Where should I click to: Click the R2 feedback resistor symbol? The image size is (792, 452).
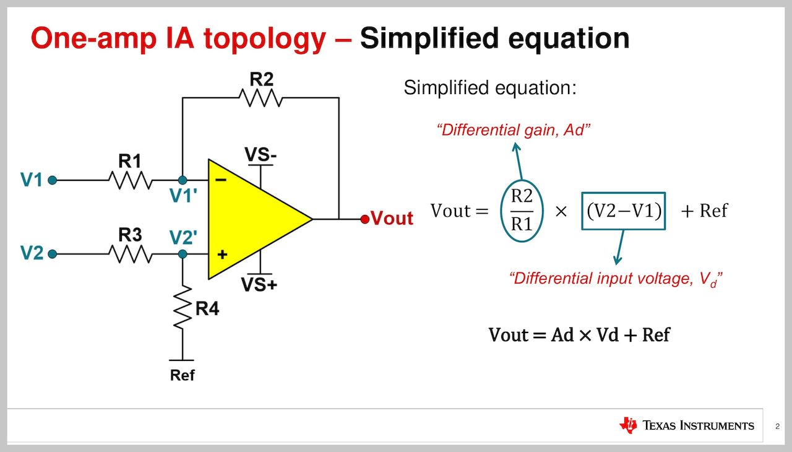click(x=260, y=98)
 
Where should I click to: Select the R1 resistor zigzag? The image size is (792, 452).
click(x=130, y=180)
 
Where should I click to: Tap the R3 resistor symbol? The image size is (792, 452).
click(x=130, y=254)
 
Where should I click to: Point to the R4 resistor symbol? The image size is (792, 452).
click(x=183, y=308)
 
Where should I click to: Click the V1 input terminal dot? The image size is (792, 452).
click(x=53, y=180)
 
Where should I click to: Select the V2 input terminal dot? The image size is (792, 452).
click(x=53, y=254)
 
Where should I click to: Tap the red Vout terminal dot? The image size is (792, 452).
click(x=364, y=219)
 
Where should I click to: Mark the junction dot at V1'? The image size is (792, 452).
click(x=183, y=180)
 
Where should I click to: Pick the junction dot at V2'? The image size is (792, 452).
click(x=183, y=254)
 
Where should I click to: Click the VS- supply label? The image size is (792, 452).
click(x=260, y=155)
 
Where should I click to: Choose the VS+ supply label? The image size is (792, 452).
click(x=260, y=285)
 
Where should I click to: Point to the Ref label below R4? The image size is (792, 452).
click(x=183, y=375)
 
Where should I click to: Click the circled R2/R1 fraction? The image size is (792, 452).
click(x=521, y=211)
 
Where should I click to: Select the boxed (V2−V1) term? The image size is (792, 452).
click(x=624, y=211)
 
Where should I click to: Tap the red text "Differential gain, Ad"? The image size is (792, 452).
click(x=513, y=131)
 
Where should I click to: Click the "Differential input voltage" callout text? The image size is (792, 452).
click(x=616, y=279)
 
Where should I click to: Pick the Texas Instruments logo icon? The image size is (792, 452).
click(x=627, y=425)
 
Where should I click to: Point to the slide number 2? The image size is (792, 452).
click(x=777, y=426)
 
